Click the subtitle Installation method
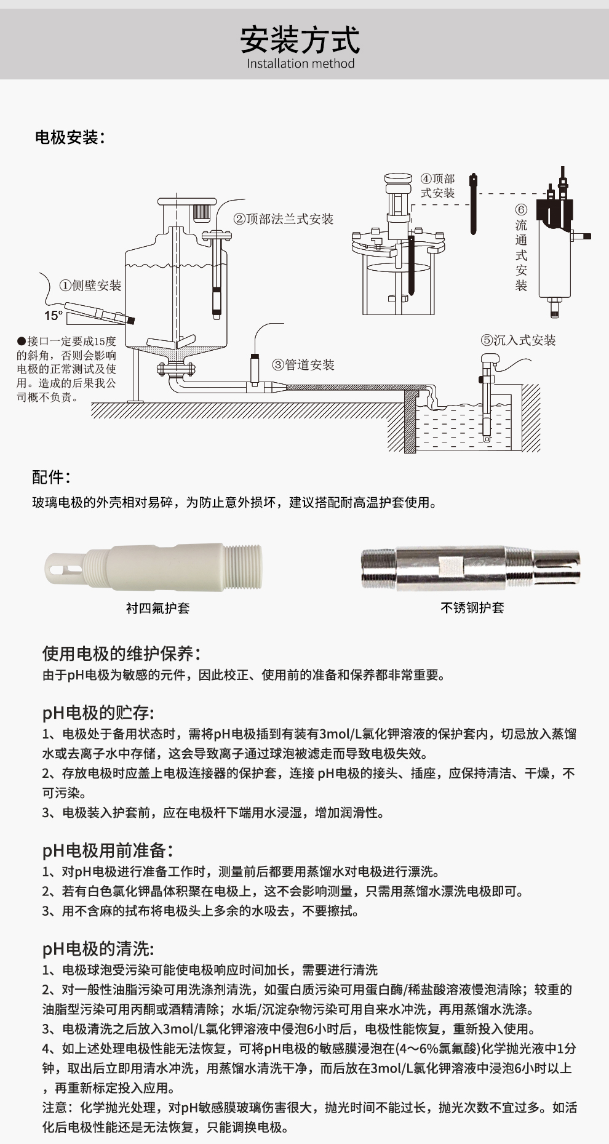click(x=300, y=63)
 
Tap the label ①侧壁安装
click(x=90, y=285)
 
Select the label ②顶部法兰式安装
click(x=283, y=219)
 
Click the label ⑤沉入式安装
click(x=518, y=340)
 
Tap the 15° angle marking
click(x=54, y=316)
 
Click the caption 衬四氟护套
click(x=157, y=608)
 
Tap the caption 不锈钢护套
click(x=472, y=608)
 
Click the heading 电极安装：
click(x=70, y=137)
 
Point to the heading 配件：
click(x=51, y=477)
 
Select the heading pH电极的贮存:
click(x=98, y=713)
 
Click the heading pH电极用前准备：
click(x=108, y=850)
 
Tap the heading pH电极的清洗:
click(x=98, y=949)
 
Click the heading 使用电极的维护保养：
click(x=122, y=654)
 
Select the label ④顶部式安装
click(x=437, y=185)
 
